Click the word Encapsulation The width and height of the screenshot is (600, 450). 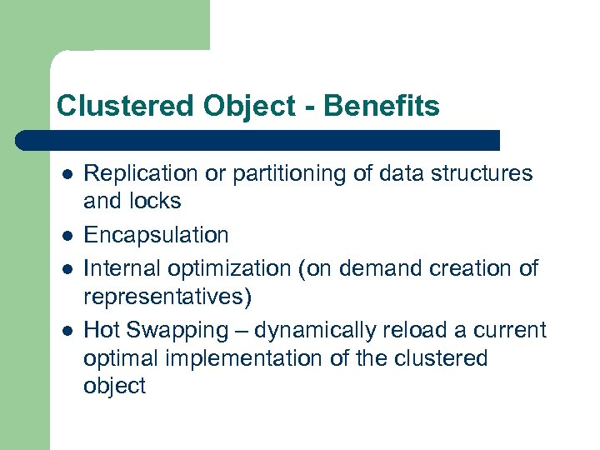pos(156,236)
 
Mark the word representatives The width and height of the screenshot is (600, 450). pos(167,297)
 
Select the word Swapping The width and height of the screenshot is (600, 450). pos(176,331)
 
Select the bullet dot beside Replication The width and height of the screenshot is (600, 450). pos(67,175)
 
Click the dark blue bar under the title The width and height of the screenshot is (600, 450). pos(258,140)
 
